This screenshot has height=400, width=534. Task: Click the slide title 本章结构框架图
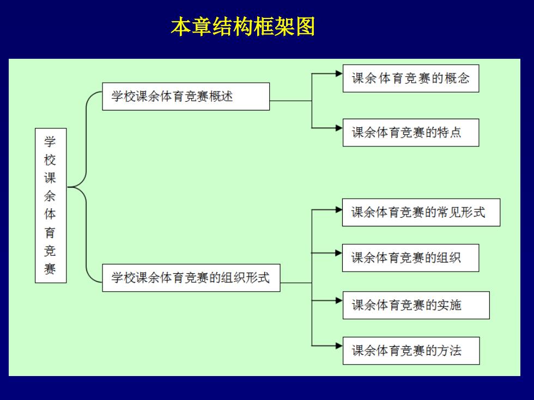pos(243,27)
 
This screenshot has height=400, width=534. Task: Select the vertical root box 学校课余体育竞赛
pos(51,206)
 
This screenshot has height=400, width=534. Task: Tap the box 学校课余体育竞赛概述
pos(186,96)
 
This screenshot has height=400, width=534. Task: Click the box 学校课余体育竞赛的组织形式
pos(191,278)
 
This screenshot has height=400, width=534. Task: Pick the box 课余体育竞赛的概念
pos(411,78)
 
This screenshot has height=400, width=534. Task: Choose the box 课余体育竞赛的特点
pos(411,132)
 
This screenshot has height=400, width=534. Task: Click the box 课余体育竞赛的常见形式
pos(421,212)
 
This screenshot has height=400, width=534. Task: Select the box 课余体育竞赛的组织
pos(410,258)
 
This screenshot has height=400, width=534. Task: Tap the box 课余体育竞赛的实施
pos(416,305)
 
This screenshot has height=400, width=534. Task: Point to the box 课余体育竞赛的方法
pos(411,350)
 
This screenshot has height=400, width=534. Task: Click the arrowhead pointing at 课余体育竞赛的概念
pos(339,73)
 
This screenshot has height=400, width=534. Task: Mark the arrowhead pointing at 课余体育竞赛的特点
pos(339,128)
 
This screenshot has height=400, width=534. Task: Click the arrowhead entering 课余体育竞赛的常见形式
pos(338,210)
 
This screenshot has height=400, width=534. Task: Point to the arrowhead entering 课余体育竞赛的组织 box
pos(338,253)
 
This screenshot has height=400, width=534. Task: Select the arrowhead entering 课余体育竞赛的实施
pos(339,300)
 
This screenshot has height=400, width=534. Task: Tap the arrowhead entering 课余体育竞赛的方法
pos(339,346)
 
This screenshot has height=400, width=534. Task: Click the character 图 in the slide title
pos(306,27)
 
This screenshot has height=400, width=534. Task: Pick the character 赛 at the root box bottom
pos(50,269)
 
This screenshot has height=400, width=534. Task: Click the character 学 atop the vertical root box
pos(50,141)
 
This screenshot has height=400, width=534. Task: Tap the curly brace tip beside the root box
pos(68,187)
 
